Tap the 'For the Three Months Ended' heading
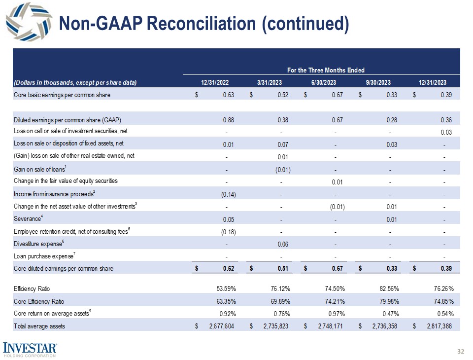pyautogui.click(x=325, y=71)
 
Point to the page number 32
pyautogui.click(x=461, y=351)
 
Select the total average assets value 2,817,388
pyautogui.click(x=438, y=326)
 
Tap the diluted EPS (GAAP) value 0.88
pyautogui.click(x=228, y=119)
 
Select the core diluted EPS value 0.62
pyautogui.click(x=228, y=268)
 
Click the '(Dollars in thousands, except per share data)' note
pyautogui.click(x=75, y=82)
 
